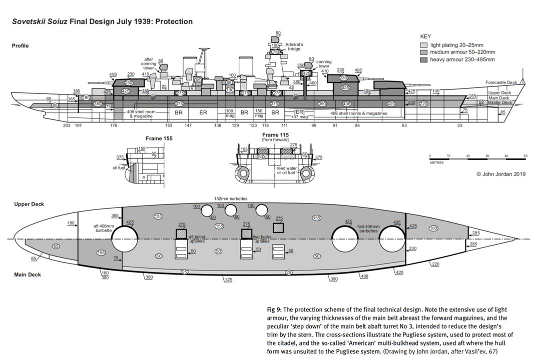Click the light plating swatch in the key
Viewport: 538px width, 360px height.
pos(423,45)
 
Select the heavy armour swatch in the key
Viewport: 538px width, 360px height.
pos(423,59)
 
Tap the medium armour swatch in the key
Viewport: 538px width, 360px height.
pos(423,52)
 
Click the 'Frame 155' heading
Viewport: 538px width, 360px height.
pos(159,138)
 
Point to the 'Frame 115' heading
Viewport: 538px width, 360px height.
pos(276,135)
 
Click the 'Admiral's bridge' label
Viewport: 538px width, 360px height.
pos(294,46)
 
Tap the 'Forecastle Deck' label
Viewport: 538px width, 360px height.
pos(501,82)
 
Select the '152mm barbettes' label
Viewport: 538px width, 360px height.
pos(230,198)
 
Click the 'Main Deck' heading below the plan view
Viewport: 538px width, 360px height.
pos(28,274)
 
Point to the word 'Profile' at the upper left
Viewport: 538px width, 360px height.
pos(20,46)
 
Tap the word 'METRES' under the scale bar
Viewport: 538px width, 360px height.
pos(436,162)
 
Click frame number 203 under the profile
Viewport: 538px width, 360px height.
pos(67,125)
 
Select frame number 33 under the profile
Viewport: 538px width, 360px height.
pos(459,125)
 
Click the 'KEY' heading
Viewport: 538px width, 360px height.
pos(425,37)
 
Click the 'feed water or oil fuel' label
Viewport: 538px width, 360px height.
pos(288,170)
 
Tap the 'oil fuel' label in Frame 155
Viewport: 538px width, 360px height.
pos(118,167)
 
